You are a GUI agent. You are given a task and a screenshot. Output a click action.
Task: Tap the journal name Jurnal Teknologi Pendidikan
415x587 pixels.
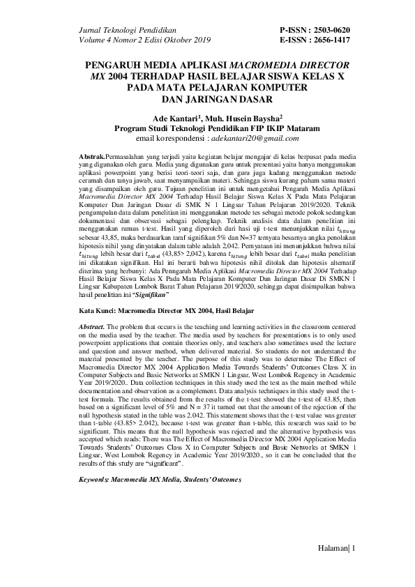pyautogui.click(x=125, y=31)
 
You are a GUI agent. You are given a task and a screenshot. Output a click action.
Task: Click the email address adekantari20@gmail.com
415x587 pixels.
pyautogui.click(x=243, y=139)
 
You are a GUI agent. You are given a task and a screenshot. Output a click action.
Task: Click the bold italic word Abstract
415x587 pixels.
pyautogui.click(x=90, y=326)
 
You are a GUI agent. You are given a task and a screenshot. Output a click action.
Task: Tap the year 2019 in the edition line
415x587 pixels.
pyautogui.click(x=200, y=40)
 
